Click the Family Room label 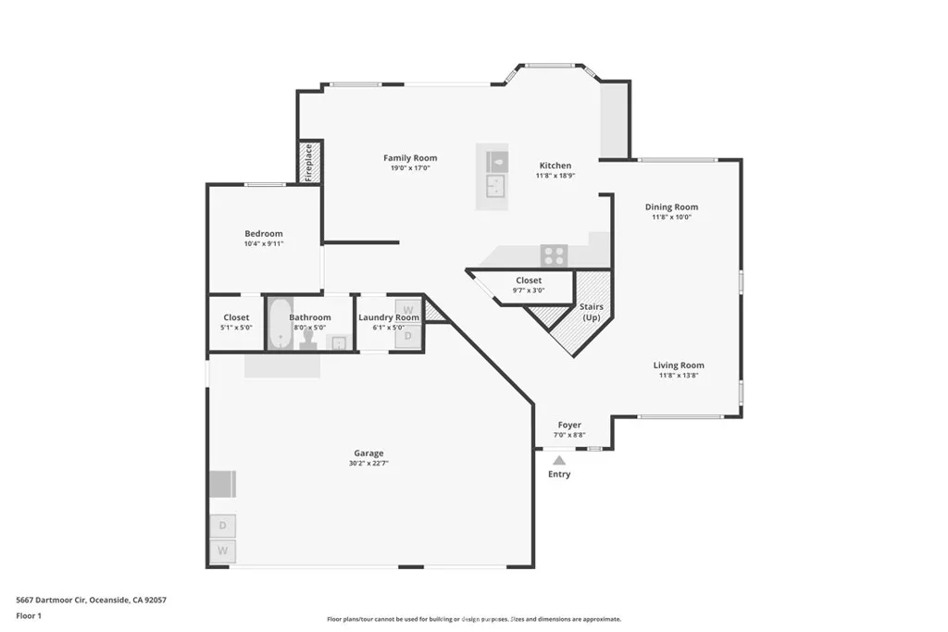410,158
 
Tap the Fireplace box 309,162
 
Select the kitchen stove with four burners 554,255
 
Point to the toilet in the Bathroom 308,340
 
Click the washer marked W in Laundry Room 408,309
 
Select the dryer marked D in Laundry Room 408,338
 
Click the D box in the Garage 222,526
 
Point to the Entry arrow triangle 559,460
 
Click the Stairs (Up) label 591,312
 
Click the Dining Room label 671,207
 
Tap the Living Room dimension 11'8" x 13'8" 679,376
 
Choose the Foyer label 569,426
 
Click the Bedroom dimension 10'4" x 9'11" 264,244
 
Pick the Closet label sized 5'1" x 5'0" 236,317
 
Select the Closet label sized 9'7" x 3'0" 529,280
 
